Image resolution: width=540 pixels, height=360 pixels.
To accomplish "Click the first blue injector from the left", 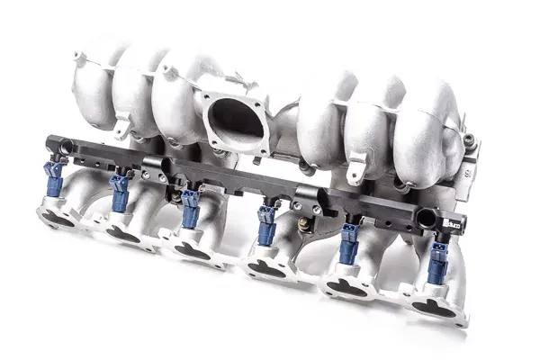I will (55, 179).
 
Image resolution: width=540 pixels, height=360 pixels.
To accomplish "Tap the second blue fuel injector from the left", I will (120, 193).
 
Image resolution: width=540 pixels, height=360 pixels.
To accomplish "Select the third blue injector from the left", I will (191, 208).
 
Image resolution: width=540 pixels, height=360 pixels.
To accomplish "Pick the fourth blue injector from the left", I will (267, 225).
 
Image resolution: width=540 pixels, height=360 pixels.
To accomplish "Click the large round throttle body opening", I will (235, 121).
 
